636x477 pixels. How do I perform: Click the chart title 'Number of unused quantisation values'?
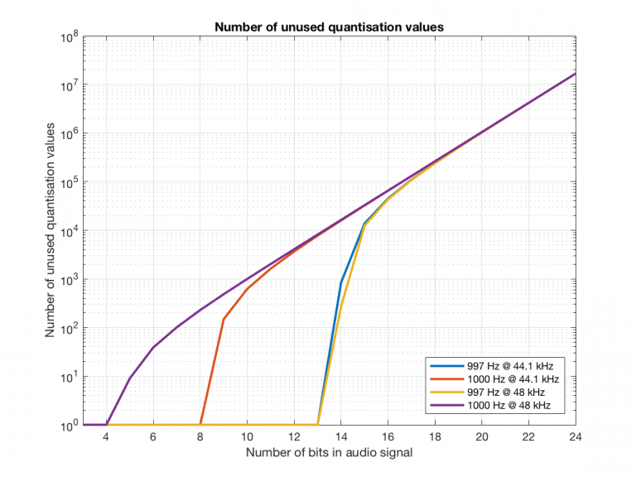[x=330, y=26]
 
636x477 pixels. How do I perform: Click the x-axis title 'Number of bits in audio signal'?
[x=330, y=454]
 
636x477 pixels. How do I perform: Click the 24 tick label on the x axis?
[x=575, y=438]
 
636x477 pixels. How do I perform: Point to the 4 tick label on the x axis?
[x=106, y=438]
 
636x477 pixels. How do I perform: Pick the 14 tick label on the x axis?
[x=340, y=438]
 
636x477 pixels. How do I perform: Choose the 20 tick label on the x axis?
[x=481, y=438]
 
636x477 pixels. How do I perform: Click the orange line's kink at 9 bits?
[x=224, y=319]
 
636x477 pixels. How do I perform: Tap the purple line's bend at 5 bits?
[x=130, y=378]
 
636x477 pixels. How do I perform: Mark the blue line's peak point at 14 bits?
[x=341, y=282]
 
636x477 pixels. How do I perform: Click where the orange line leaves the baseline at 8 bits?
[x=200, y=425]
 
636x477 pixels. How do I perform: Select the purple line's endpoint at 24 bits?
[x=575, y=74]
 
